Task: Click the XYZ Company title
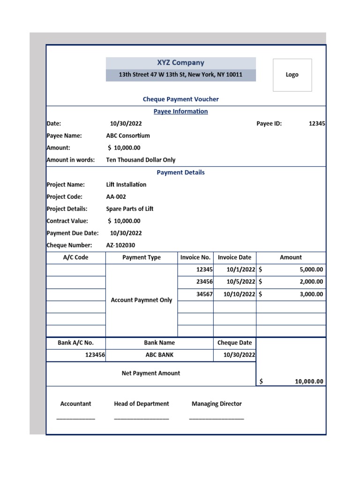click(x=180, y=63)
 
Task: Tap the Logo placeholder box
click(x=292, y=75)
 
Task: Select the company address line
click(x=180, y=75)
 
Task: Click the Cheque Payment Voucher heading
click(x=180, y=99)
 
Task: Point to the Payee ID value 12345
click(x=317, y=124)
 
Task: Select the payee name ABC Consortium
click(x=128, y=136)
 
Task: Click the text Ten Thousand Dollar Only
click(x=141, y=160)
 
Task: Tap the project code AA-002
click(x=116, y=197)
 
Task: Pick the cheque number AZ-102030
click(x=120, y=245)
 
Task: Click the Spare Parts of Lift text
click(x=130, y=209)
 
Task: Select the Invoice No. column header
click(x=195, y=257)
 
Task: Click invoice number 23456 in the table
click(x=204, y=282)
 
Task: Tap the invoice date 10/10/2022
click(x=239, y=294)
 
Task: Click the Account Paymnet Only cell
click(x=141, y=300)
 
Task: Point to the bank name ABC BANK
click(x=159, y=355)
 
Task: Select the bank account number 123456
click(x=95, y=355)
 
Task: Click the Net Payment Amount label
click(x=150, y=374)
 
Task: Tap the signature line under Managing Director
click(x=217, y=418)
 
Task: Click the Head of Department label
click(x=141, y=404)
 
